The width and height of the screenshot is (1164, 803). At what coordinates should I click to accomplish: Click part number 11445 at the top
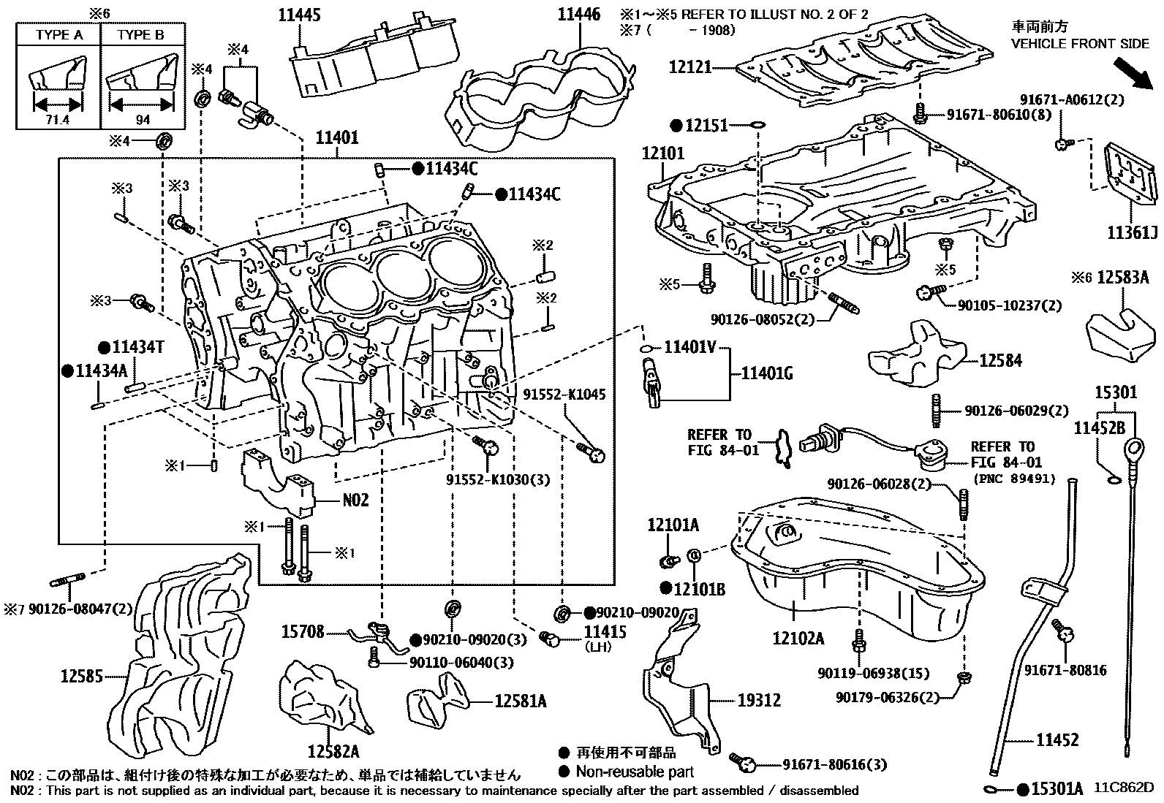(x=300, y=15)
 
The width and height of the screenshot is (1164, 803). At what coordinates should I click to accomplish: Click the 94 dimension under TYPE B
(x=143, y=120)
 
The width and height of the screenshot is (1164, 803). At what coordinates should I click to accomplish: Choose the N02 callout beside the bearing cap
(x=355, y=501)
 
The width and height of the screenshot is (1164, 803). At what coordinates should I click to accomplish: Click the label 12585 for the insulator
(x=81, y=677)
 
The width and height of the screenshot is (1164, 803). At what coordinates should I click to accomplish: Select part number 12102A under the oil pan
(x=798, y=639)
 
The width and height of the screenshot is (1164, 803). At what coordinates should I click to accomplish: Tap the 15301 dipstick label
(x=1115, y=392)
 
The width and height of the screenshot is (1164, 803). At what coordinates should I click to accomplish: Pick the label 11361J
(x=1132, y=233)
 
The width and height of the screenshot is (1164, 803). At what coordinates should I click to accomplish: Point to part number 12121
(x=690, y=68)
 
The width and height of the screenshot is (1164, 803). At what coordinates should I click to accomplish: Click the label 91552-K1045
(x=564, y=395)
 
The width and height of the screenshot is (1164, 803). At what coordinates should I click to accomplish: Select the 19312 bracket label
(x=758, y=701)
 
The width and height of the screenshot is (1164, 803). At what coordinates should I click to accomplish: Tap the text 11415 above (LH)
(x=605, y=632)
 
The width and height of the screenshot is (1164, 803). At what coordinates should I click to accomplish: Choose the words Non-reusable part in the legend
(x=634, y=771)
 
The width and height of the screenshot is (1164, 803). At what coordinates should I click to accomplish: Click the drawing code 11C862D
(x=1124, y=788)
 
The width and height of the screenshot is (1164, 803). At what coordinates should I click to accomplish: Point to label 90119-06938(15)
(x=864, y=674)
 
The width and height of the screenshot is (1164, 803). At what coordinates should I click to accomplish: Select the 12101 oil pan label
(x=663, y=153)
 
